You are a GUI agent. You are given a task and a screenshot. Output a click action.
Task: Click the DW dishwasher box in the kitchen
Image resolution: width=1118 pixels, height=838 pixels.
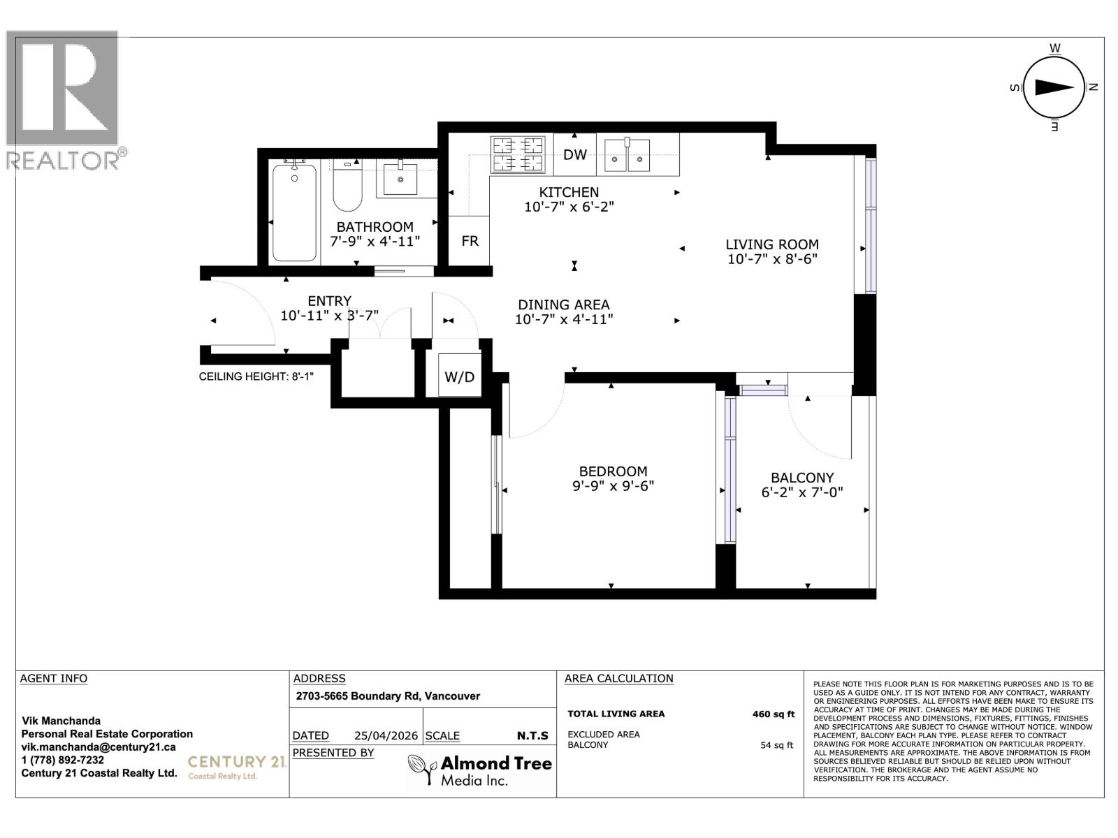574,154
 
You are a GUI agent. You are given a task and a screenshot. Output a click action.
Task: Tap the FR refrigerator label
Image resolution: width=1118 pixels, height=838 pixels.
470,241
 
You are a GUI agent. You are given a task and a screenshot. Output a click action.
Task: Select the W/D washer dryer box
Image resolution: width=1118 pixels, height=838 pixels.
459,377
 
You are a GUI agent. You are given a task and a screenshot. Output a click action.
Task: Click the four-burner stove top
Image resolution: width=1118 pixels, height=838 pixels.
518,154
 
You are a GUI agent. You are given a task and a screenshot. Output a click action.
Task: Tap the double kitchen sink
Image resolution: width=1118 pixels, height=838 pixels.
627,155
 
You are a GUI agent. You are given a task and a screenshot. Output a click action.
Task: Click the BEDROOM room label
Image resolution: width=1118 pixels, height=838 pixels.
613,471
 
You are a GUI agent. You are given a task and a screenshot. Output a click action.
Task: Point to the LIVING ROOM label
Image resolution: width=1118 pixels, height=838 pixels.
771,244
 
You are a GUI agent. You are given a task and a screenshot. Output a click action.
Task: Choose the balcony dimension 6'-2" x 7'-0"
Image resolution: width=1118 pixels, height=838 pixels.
802,492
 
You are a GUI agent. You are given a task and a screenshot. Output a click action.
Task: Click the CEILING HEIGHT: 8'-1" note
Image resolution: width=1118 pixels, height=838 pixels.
256,376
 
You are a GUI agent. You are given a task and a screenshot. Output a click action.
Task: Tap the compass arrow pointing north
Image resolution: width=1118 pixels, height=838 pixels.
1054,87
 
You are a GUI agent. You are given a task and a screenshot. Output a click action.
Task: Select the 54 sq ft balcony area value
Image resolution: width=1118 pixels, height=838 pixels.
776,745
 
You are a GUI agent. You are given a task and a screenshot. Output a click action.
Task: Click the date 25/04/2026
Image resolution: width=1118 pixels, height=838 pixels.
386,735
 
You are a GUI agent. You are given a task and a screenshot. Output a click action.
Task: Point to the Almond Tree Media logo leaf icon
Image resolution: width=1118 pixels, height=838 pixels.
422,770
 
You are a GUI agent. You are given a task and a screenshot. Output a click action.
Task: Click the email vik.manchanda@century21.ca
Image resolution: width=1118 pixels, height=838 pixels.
99,747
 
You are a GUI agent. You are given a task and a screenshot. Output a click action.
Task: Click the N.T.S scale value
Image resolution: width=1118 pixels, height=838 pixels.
532,735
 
